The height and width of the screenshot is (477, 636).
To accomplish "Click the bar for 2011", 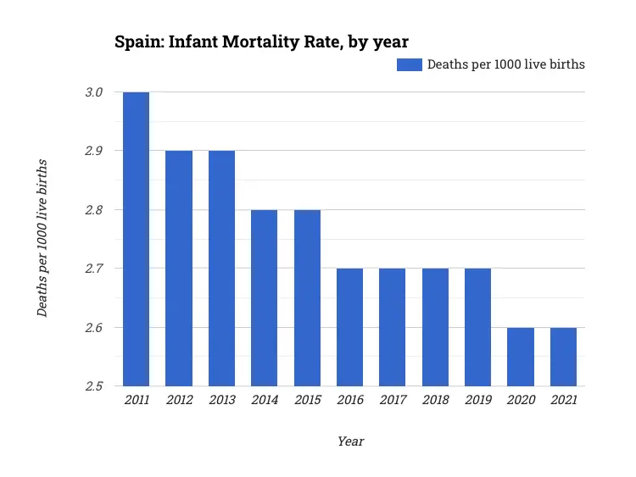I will [136, 239].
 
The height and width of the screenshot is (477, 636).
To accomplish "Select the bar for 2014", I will [265, 298].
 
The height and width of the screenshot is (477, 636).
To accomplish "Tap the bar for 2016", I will [349, 327].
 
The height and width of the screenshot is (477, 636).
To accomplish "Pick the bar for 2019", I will [477, 327].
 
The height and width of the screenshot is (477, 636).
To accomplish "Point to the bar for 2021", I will [563, 357].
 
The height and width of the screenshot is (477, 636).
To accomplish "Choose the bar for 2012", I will [179, 269].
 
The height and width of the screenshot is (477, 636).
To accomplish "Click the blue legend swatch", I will [410, 64].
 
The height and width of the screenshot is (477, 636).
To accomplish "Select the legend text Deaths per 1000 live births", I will [505, 64].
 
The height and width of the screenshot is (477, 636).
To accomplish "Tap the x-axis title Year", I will [350, 441].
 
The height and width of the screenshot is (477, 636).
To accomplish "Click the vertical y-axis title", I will [42, 238].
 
